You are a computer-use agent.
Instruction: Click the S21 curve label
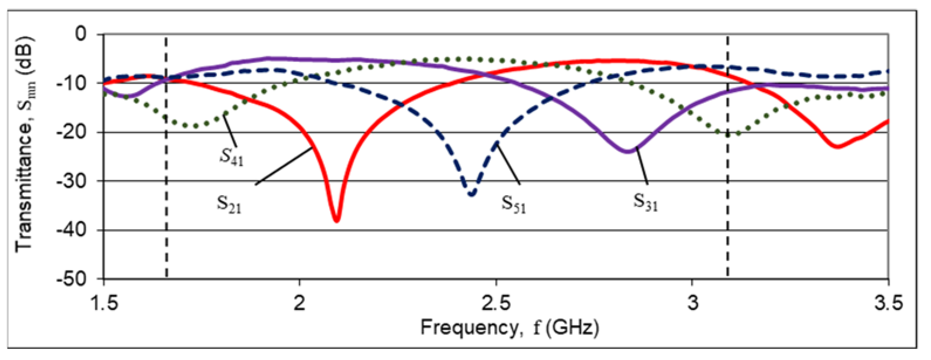click(x=229, y=204)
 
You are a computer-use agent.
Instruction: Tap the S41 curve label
click(x=232, y=157)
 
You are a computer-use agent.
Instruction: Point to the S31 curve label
click(x=645, y=203)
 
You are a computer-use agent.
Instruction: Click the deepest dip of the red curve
click(x=336, y=220)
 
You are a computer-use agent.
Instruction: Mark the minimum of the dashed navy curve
click(x=472, y=194)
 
